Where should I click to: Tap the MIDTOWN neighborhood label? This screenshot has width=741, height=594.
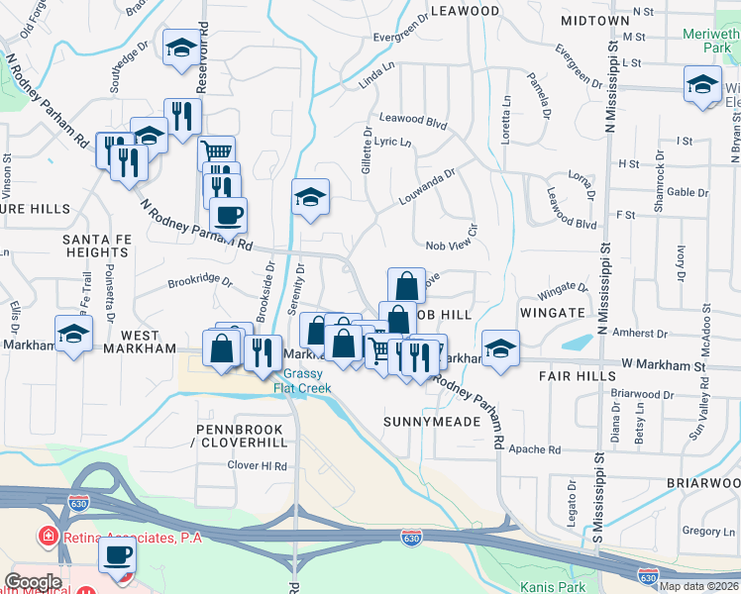coord(594,20)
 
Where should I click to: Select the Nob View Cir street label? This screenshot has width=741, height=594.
coord(452,246)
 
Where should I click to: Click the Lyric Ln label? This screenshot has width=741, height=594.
coord(393,142)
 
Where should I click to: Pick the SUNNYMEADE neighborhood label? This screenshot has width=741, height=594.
coord(432,422)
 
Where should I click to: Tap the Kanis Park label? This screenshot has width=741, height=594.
coord(546,586)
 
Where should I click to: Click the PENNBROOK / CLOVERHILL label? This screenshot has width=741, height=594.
coord(240,437)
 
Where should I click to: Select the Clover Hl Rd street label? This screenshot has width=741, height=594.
coord(257,465)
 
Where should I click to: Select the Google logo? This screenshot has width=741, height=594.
coord(33,582)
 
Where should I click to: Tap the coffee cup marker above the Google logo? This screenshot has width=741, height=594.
coord(116,557)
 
